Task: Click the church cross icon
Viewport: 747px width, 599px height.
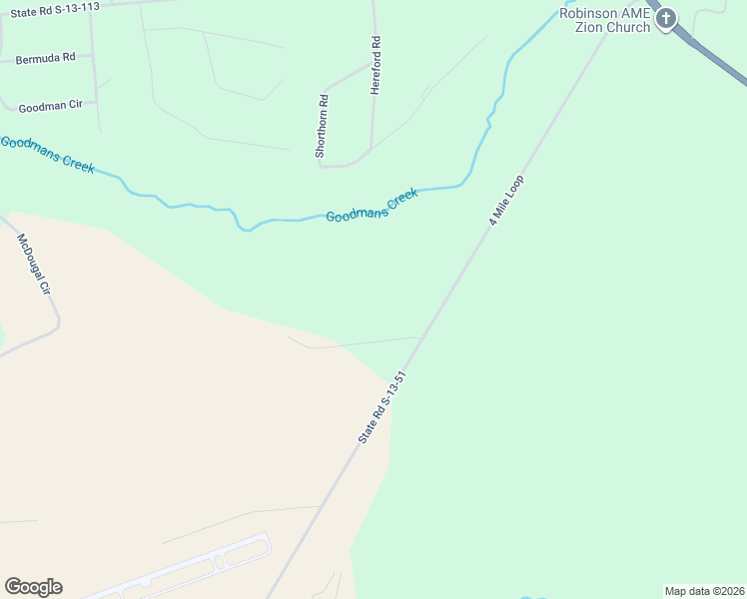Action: [666, 18]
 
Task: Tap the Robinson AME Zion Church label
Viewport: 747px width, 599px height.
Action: [604, 20]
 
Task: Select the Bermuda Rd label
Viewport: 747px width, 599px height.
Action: [46, 58]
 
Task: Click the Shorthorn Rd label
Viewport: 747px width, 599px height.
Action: [322, 126]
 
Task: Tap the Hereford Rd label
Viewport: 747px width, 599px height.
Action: [375, 66]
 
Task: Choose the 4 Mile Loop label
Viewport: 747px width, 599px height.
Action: [506, 201]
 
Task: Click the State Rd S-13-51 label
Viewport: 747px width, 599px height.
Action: [384, 407]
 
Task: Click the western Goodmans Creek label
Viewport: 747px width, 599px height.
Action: [47, 154]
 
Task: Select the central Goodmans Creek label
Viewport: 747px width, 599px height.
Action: [372, 205]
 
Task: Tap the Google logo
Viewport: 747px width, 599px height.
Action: [33, 587]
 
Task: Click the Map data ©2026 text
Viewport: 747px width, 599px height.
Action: [704, 591]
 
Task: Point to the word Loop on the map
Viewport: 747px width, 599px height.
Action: [515, 187]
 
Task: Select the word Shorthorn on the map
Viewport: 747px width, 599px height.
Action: [322, 135]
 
